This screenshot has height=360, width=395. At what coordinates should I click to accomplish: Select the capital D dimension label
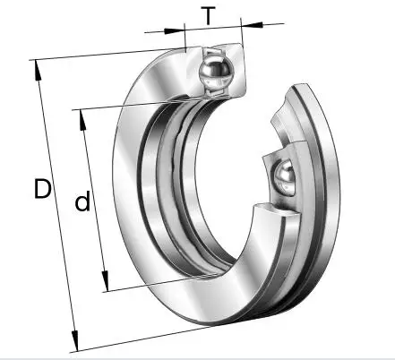(x=42, y=189)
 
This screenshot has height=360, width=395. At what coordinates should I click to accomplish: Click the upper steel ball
(x=216, y=73)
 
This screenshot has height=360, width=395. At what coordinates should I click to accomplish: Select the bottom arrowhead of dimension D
(x=75, y=340)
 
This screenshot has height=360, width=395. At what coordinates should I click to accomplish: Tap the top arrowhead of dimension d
(x=82, y=120)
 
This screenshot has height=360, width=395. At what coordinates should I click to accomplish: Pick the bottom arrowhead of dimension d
(x=105, y=281)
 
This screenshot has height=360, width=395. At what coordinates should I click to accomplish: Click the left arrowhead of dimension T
(x=175, y=30)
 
